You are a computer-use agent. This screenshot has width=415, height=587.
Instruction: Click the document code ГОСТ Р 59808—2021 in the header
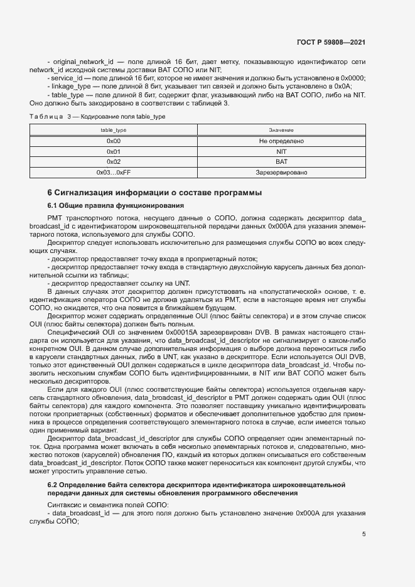331,43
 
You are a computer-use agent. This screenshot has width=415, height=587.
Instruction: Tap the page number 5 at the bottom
364,534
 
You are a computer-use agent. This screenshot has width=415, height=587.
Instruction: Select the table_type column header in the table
114,130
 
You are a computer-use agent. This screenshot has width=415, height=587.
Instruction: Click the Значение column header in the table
281,130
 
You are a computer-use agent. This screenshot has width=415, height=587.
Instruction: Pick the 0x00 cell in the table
114,141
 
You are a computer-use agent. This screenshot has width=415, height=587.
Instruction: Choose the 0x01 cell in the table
114,151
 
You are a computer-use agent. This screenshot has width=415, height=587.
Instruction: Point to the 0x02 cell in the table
114,161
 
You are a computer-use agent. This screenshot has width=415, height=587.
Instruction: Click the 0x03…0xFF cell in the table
114,171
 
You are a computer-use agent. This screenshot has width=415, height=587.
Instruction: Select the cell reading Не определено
281,141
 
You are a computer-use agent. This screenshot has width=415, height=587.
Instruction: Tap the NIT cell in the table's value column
281,151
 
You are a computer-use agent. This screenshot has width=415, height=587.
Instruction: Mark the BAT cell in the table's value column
281,161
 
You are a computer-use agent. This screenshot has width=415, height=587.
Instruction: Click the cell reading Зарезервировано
281,171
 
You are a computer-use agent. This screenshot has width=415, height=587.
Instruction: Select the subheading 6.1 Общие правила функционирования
116,205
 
